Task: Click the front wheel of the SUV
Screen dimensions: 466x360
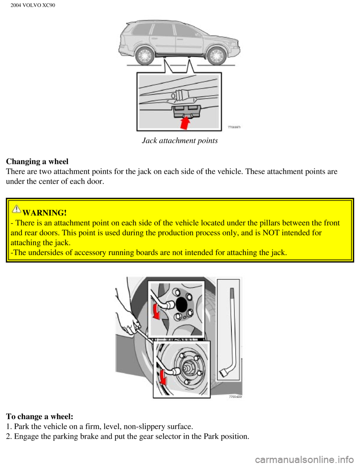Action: pos(216,56)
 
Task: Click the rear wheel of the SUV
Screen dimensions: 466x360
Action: pos(144,56)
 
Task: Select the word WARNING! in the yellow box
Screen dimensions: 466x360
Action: pos(45,213)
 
